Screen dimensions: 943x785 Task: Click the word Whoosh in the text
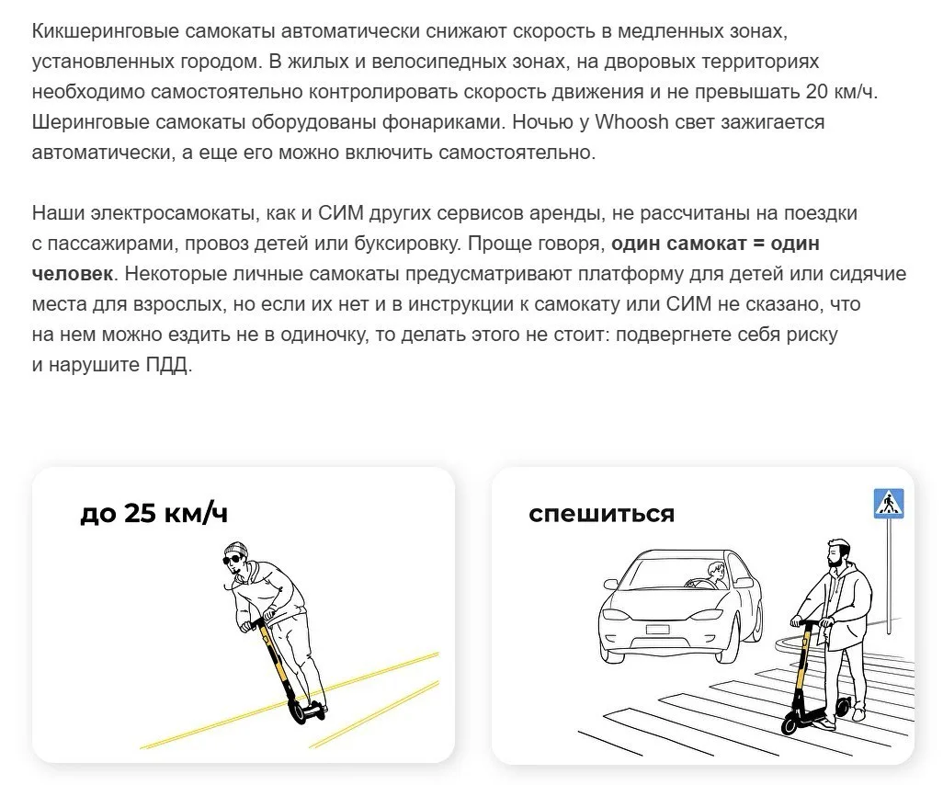point(631,122)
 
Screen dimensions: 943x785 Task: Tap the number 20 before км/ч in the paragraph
point(818,92)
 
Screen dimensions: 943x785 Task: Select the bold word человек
point(73,274)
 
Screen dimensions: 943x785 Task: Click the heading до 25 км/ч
point(154,513)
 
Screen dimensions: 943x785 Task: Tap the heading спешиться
point(602,514)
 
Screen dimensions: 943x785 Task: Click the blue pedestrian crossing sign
point(889,504)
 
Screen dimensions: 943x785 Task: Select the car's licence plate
point(657,630)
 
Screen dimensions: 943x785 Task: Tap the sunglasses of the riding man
point(232,561)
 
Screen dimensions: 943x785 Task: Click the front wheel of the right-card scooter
point(792,722)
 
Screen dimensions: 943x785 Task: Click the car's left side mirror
point(610,584)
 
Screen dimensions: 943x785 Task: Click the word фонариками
point(443,122)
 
